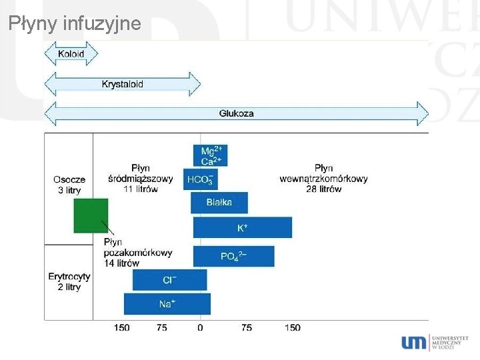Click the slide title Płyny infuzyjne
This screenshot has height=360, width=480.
pyautogui.click(x=75, y=25)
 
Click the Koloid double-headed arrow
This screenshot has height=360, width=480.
pyautogui.click(x=71, y=53)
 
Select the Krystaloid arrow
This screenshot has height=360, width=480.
pyautogui.click(x=122, y=84)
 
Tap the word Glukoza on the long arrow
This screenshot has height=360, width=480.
pyautogui.click(x=236, y=113)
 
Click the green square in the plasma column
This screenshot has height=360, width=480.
pyautogui.click(x=91, y=215)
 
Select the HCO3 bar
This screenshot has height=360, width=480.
pyautogui.click(x=201, y=179)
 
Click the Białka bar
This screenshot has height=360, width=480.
pyautogui.click(x=219, y=203)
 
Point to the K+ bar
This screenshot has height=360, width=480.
pyautogui.click(x=243, y=227)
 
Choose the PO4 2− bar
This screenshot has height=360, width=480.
pyautogui.click(x=233, y=256)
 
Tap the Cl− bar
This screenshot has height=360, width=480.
pyautogui.click(x=170, y=280)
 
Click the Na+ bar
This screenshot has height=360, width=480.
pyautogui.click(x=167, y=304)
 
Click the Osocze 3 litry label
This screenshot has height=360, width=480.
pyautogui.click(x=69, y=185)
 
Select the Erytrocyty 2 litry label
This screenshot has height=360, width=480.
pyautogui.click(x=69, y=281)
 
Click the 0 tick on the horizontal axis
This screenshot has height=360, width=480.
pyautogui.click(x=200, y=327)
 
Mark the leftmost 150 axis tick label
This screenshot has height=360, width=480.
pyautogui.click(x=121, y=327)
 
